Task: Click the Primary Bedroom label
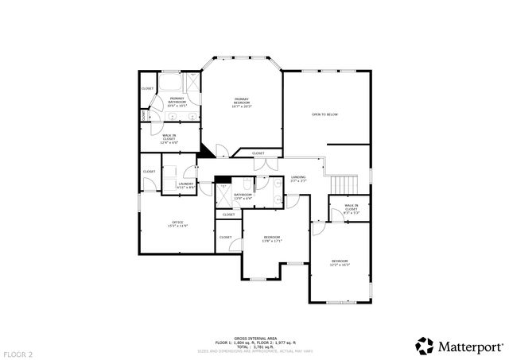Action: click(x=242, y=101)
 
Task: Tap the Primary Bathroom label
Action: click(x=177, y=101)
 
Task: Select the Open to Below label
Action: click(x=324, y=114)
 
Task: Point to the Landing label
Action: click(x=298, y=179)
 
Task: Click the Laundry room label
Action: click(x=185, y=185)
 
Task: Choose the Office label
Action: click(x=177, y=224)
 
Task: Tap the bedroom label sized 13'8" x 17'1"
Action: click(x=272, y=239)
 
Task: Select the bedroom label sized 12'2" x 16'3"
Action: click(x=340, y=263)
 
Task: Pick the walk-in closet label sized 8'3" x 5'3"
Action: click(x=351, y=208)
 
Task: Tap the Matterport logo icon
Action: click(x=424, y=346)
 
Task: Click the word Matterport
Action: click(x=469, y=346)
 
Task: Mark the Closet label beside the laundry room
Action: click(x=150, y=171)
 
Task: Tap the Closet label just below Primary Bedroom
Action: click(x=258, y=153)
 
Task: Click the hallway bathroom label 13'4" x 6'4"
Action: click(x=243, y=195)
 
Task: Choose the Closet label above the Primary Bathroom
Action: click(x=148, y=87)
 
